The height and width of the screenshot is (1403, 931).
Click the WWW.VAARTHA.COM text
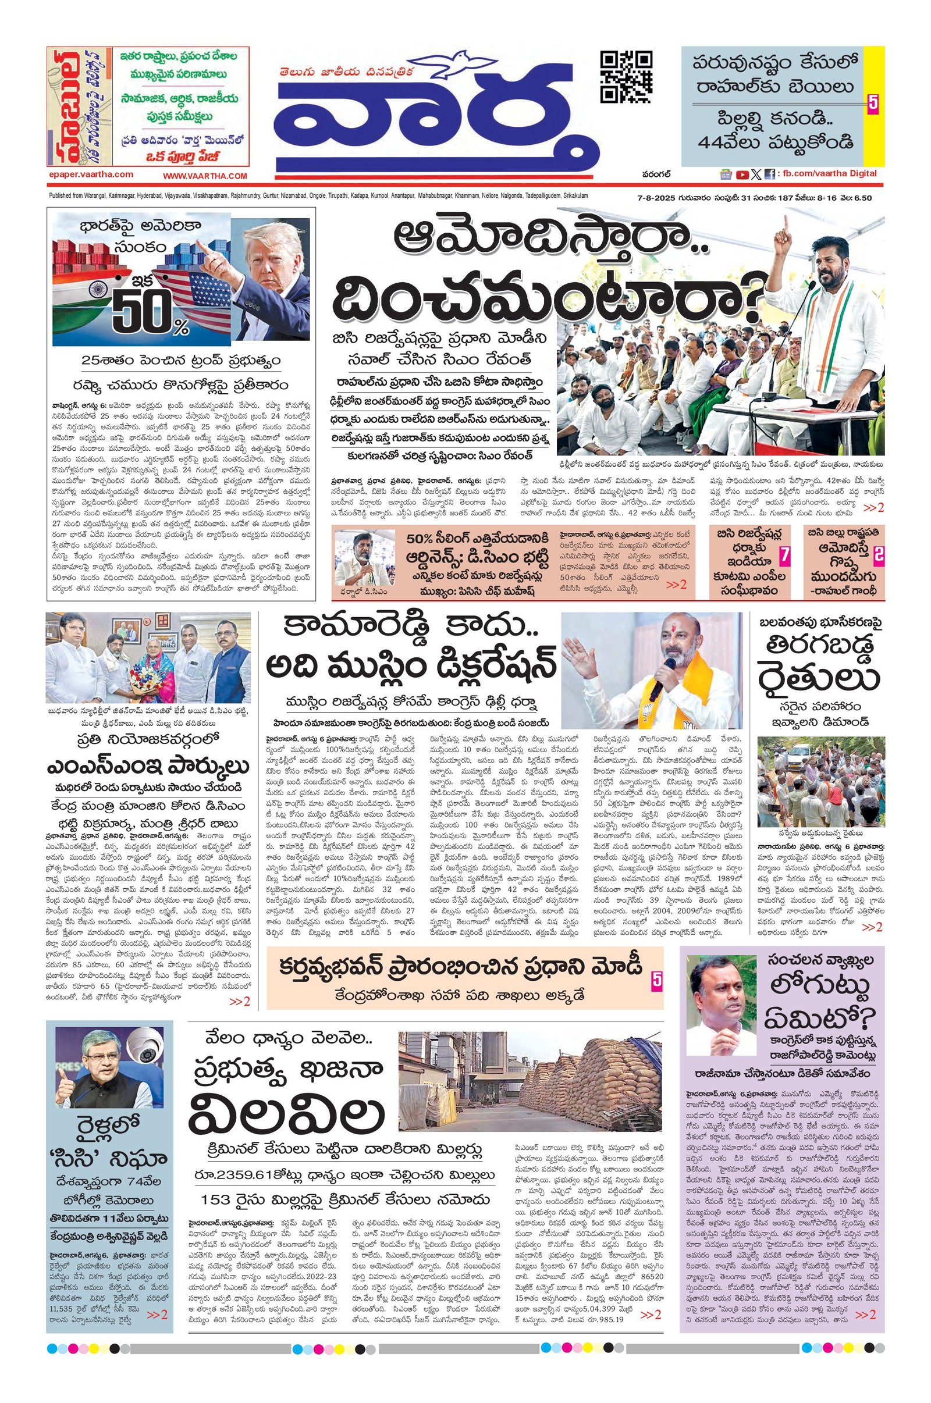pos(205,176)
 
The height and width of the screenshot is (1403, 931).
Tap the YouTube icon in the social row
pos(741,175)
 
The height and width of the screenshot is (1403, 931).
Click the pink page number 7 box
pos(784,556)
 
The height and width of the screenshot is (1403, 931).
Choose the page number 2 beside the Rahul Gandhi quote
pos(877,555)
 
